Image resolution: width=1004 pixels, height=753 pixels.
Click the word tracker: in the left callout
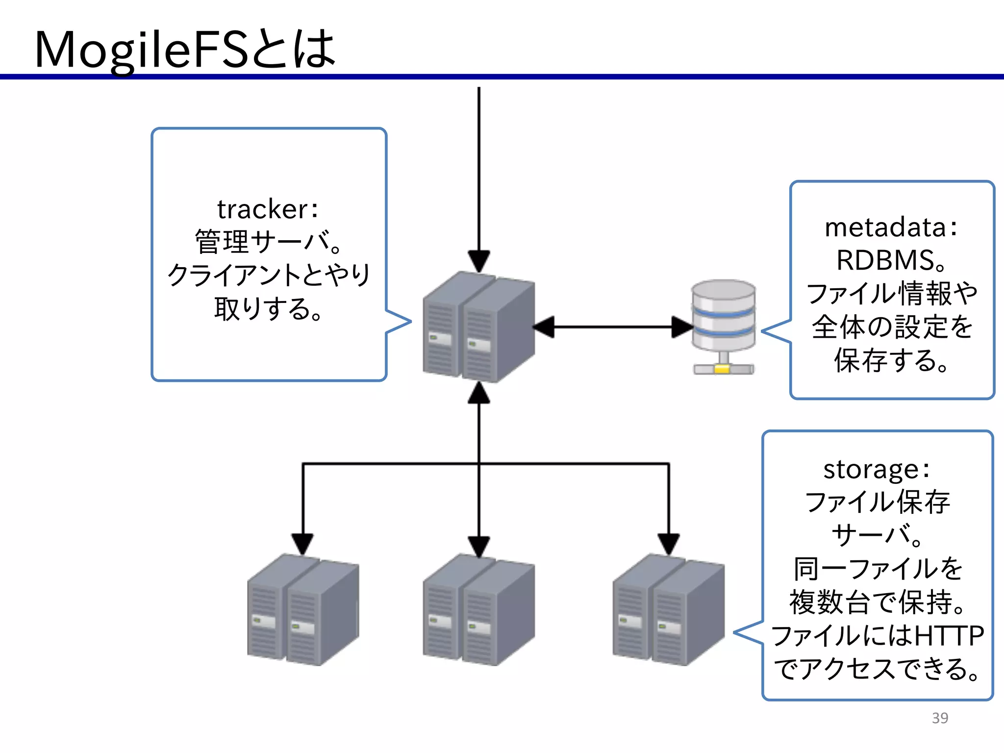(x=268, y=209)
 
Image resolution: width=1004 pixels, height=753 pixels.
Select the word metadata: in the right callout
(x=891, y=227)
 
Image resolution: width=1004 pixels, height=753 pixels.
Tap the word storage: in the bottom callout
(x=877, y=469)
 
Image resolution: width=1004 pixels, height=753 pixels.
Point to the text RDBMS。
(x=891, y=260)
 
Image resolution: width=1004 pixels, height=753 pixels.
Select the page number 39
(x=940, y=718)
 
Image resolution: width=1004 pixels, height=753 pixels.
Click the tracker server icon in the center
(x=478, y=327)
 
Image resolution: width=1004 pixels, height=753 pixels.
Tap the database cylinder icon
(x=723, y=316)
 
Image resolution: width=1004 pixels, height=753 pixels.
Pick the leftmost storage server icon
(x=303, y=610)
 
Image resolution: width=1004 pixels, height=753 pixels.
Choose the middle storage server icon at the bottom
(x=478, y=610)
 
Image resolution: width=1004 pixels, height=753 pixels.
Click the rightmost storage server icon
(x=668, y=610)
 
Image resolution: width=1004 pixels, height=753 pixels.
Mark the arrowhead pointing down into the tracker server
(x=479, y=261)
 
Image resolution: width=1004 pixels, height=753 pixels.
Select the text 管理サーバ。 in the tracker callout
(x=268, y=242)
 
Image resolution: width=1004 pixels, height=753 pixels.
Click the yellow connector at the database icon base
(x=722, y=369)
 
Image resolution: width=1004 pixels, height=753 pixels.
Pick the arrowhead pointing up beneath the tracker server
(x=479, y=393)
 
